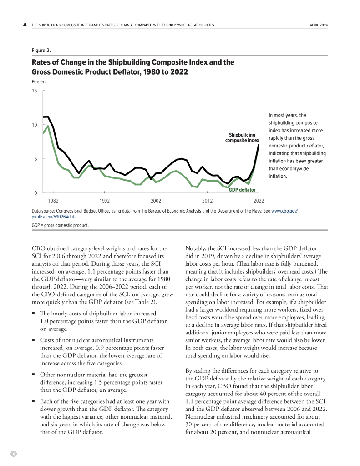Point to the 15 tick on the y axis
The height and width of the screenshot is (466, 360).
[x=34, y=91]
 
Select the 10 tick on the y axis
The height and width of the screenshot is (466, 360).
[x=34, y=125]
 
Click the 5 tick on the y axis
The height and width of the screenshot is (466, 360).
[x=35, y=159]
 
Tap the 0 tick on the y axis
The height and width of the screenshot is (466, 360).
[x=35, y=193]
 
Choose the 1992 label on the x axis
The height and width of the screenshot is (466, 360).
[x=105, y=200]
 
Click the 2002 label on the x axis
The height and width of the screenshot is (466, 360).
[x=156, y=200]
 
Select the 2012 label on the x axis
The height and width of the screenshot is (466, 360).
[x=208, y=200]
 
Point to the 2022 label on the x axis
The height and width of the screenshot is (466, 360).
[x=259, y=200]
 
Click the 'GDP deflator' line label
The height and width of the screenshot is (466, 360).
[x=242, y=190]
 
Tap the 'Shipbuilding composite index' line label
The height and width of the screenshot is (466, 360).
[x=242, y=137]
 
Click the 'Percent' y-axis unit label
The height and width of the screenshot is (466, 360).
[x=39, y=82]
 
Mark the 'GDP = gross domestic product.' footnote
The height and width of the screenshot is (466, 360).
[x=60, y=225]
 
